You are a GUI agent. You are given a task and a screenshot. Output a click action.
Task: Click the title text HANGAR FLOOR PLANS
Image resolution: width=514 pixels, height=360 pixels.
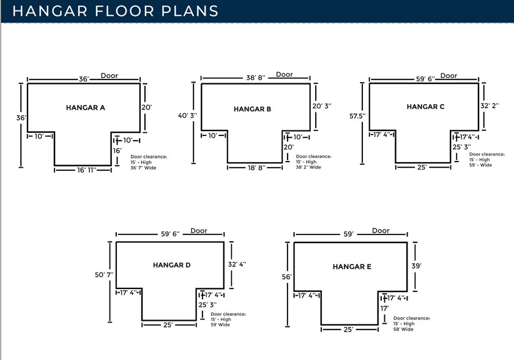pos(116,11)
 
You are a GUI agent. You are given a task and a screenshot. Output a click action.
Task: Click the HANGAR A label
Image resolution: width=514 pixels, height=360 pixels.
pos(86,108)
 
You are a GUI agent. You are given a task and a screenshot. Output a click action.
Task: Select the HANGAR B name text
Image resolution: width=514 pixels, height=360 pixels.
pos(252,109)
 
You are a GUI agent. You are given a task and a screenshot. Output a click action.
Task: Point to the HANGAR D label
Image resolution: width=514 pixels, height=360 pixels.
pos(172,265)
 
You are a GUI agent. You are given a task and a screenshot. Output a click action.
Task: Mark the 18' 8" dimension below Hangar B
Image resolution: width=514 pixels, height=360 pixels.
pos(255,168)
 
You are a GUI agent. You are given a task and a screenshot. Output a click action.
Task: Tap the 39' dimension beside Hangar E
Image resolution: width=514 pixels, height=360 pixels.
pos(416,266)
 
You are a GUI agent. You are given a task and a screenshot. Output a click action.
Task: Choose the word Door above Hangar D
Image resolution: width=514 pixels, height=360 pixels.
pos(198,231)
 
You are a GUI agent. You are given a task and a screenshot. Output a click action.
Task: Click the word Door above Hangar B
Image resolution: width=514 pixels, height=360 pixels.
pos(285,75)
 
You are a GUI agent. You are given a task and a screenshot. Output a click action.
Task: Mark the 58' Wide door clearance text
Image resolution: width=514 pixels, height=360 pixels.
pos(403,329)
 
